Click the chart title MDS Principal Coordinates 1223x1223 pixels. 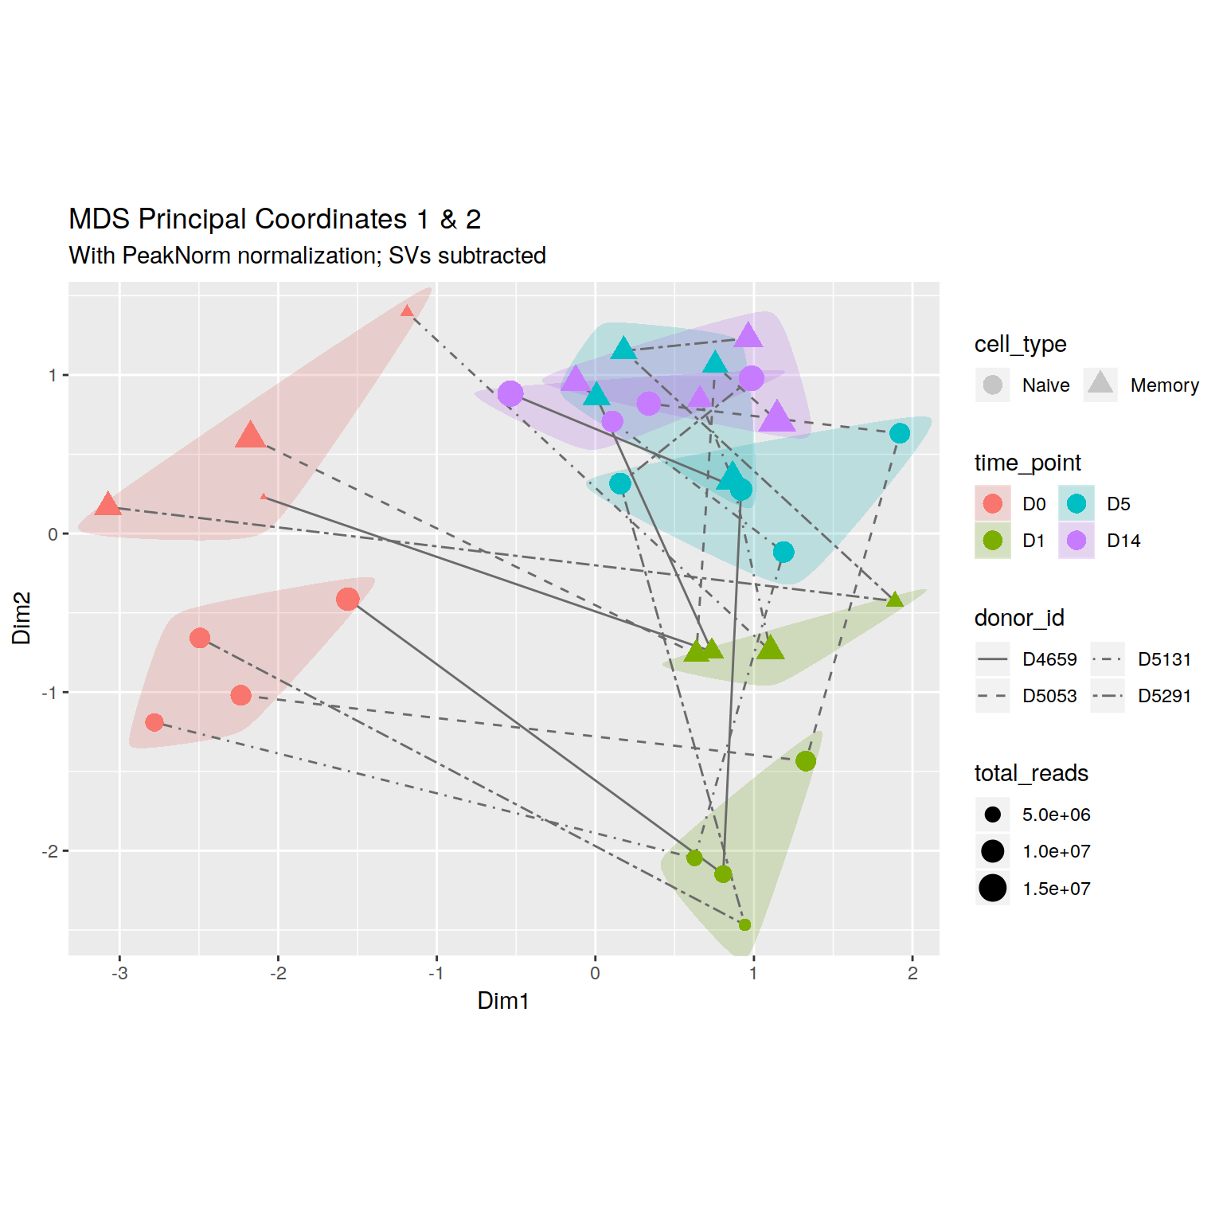[275, 219]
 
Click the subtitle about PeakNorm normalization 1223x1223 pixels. [307, 256]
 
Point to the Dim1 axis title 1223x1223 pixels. [503, 1001]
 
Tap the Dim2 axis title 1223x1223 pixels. [21, 618]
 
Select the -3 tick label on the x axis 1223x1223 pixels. [119, 974]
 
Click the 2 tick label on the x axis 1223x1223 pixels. [912, 974]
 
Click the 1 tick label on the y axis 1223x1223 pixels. [53, 375]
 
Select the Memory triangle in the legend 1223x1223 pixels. [1100, 384]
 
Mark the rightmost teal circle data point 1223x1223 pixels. [900, 433]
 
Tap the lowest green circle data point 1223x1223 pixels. [744, 924]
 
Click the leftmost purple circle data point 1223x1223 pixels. [510, 393]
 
